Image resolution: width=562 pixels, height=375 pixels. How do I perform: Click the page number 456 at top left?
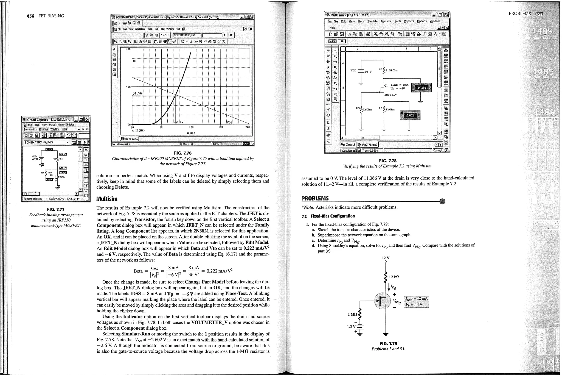click(30, 16)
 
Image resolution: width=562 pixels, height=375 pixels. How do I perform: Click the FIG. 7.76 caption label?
click(182, 153)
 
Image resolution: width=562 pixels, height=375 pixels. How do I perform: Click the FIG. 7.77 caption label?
click(56, 209)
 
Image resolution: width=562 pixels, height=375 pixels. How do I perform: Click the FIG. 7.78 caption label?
click(387, 161)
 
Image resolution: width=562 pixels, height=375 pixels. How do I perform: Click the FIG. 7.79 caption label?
click(388, 343)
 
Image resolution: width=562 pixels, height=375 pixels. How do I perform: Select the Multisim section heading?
click(107, 199)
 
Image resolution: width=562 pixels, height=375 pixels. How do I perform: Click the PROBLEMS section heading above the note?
click(315, 198)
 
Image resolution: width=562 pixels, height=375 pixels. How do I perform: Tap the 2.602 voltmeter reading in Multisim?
click(410, 115)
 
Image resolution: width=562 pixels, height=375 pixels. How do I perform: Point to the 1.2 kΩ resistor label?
click(394, 277)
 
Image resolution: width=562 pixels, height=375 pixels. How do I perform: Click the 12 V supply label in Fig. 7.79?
click(386, 258)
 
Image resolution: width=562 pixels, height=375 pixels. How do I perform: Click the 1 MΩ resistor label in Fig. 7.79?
click(352, 314)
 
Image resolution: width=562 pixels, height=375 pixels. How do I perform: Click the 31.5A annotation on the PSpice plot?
click(137, 93)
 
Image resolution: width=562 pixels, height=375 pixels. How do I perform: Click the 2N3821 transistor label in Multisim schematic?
click(390, 95)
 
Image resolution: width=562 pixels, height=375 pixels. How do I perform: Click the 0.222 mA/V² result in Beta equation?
click(219, 271)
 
